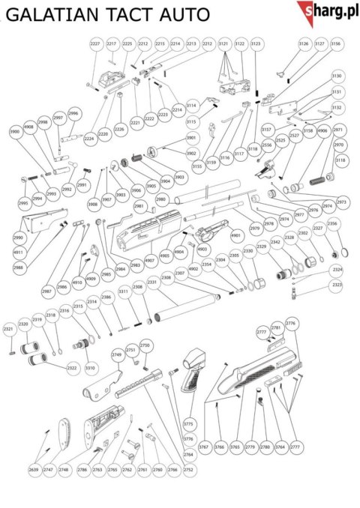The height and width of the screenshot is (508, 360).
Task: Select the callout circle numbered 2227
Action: point(95,46)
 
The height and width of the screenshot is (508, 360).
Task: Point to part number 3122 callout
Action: point(240,46)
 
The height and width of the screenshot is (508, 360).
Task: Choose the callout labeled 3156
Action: point(335,45)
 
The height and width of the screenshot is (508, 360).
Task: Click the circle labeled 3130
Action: point(337,76)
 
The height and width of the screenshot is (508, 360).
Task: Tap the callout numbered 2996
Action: point(73,113)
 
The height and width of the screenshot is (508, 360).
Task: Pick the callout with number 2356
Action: point(333,223)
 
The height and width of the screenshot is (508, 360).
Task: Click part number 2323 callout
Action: point(337,285)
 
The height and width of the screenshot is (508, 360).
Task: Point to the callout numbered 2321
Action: point(9,328)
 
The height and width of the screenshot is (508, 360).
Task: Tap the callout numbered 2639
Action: point(33,469)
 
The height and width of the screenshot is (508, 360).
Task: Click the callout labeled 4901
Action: point(235,236)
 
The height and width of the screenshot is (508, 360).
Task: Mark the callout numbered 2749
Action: point(116,355)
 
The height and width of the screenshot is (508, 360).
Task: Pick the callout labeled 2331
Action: point(152,282)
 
